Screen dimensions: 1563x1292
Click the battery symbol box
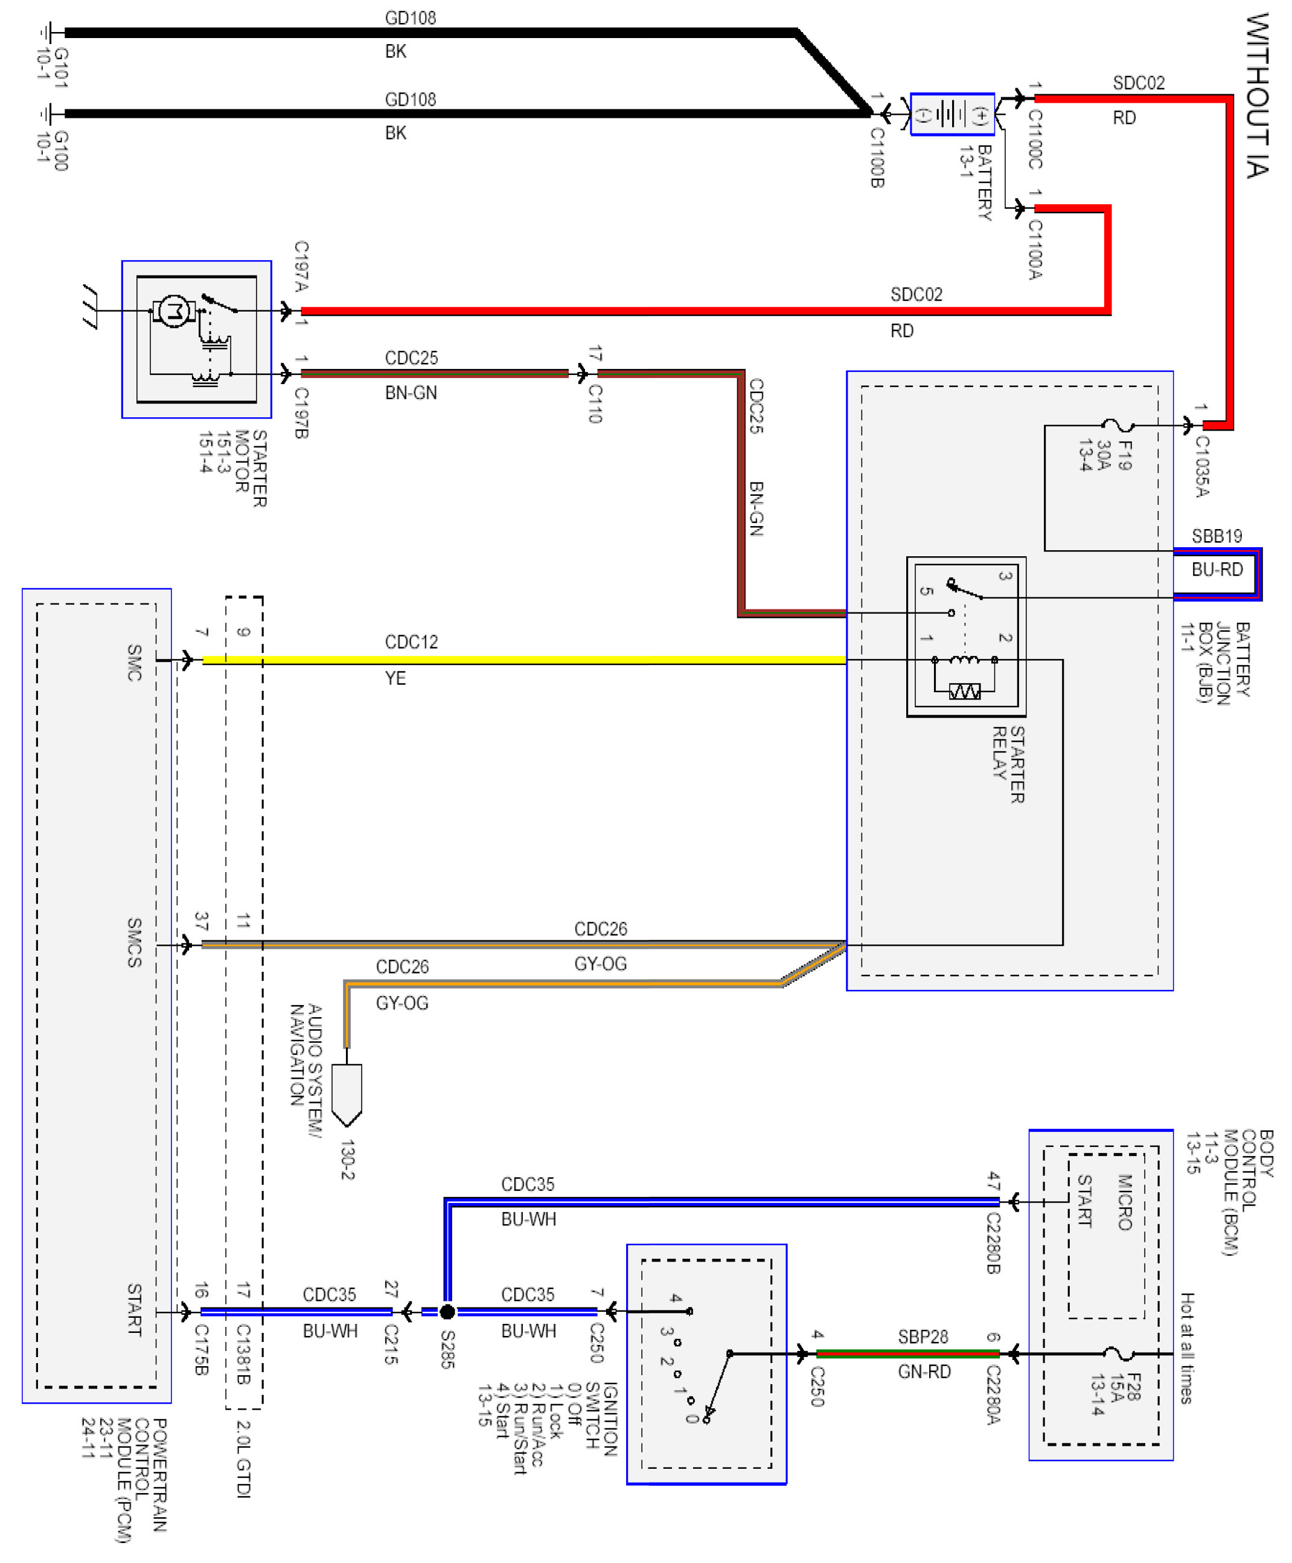(x=952, y=114)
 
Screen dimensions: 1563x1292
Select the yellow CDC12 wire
(x=521, y=660)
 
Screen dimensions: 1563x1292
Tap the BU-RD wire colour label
(x=1217, y=570)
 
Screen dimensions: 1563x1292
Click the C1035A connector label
(x=1202, y=466)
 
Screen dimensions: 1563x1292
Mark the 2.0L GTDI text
(x=243, y=1459)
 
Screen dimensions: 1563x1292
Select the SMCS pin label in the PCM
(x=134, y=942)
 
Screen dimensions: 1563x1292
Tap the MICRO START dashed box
(x=1106, y=1236)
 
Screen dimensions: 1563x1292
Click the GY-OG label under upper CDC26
(x=600, y=964)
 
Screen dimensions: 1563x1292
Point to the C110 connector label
(x=595, y=403)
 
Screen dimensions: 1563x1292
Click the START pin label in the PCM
(x=134, y=1309)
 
